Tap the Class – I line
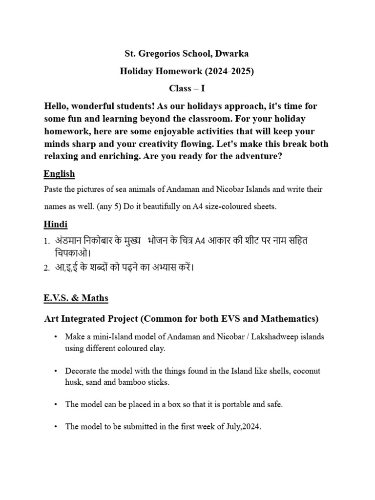pos(187,88)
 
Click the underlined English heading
pos(59,174)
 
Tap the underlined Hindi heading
pos(56,224)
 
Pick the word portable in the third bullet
pos(227,404)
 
